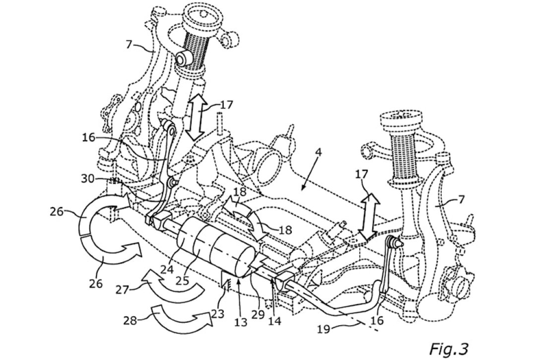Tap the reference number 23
click(x=216, y=314)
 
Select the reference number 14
click(x=274, y=321)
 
